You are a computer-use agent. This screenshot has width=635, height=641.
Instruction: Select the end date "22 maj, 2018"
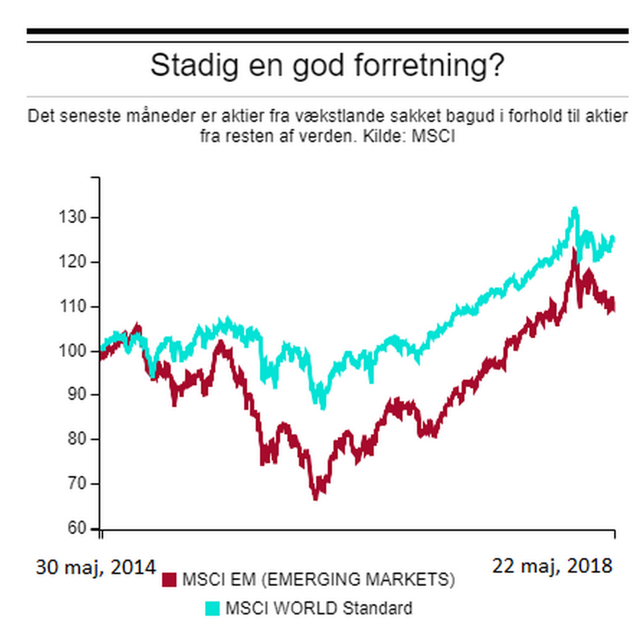point(552,566)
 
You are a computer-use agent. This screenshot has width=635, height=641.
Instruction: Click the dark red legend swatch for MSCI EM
point(169,580)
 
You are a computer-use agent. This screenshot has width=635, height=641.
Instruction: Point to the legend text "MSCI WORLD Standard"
point(319,608)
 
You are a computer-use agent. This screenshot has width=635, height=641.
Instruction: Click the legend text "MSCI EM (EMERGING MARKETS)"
point(318,580)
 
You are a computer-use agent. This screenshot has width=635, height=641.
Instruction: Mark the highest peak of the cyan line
point(575,210)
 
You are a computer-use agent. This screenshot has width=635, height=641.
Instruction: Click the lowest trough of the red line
point(316,497)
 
